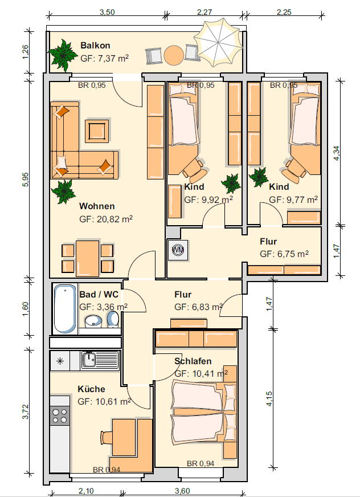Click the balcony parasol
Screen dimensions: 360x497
tap(218, 43)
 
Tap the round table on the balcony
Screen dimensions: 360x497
tap(174, 55)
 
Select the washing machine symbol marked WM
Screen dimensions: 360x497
tap(178, 250)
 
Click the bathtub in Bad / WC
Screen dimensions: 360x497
tap(66, 308)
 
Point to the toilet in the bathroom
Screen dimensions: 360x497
tap(113, 319)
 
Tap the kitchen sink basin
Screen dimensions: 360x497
tap(90, 360)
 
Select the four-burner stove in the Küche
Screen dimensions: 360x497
tap(60, 416)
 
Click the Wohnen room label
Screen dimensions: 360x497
tap(97, 206)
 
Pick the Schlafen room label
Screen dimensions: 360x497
tap(193, 361)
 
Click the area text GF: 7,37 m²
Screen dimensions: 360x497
tap(105, 58)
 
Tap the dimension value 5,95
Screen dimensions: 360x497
tap(26, 180)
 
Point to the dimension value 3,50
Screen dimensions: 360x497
tap(107, 13)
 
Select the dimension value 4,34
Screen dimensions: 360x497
tap(337, 153)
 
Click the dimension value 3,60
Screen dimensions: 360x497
tap(182, 491)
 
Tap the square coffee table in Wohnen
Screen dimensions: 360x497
tap(96, 131)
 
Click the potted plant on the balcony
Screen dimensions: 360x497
tap(63, 55)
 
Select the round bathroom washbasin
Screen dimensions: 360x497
tap(93, 321)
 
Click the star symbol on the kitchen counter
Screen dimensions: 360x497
tap(60, 361)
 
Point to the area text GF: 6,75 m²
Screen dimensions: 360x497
tap(284, 254)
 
